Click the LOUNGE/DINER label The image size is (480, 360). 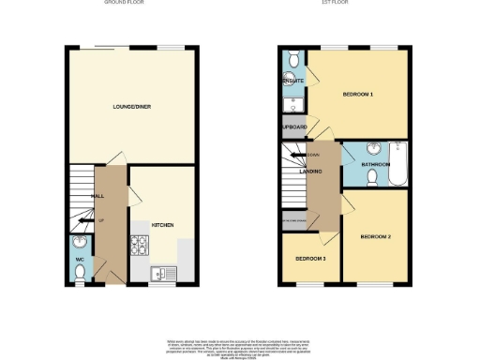click(131, 106)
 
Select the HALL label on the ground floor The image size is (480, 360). click(97, 196)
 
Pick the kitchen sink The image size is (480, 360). click(160, 273)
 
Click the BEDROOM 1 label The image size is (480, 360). click(358, 95)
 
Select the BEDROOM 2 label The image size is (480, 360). click(376, 236)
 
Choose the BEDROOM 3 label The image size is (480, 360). click(310, 258)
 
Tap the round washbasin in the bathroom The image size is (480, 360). click(373, 149)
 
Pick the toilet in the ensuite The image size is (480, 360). click(293, 62)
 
